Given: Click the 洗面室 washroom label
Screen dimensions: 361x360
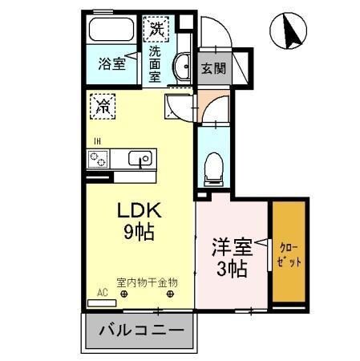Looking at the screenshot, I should coord(155,63).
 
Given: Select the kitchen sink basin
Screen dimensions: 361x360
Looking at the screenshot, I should coord(140,159).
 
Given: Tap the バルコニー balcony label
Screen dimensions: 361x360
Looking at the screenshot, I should coord(136,331).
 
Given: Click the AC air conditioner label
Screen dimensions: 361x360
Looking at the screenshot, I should coord(102,294).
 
